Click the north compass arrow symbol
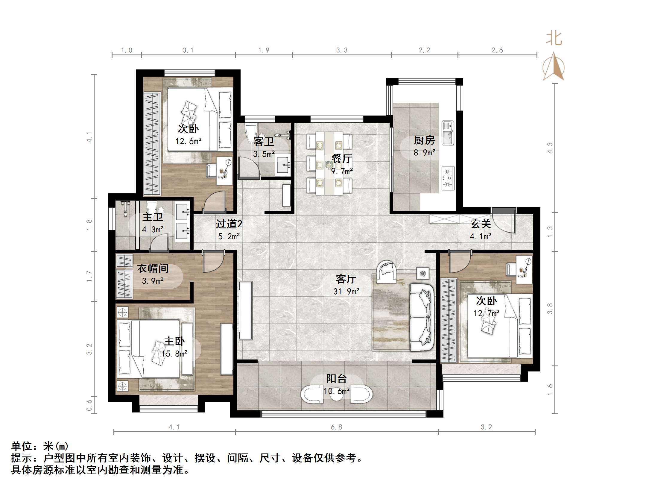554,66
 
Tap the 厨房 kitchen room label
424,140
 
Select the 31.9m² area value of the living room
346,291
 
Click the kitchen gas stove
448,178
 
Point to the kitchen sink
448,133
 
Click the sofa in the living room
422,317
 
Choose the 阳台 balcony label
336,379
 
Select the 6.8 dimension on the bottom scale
336,427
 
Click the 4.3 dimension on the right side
550,148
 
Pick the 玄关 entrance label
481,224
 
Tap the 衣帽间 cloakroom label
153,268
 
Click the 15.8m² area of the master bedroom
174,354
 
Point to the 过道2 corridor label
229,224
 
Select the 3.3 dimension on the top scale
342,50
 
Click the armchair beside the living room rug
387,271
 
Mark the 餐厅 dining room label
342,159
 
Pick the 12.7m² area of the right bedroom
486,313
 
